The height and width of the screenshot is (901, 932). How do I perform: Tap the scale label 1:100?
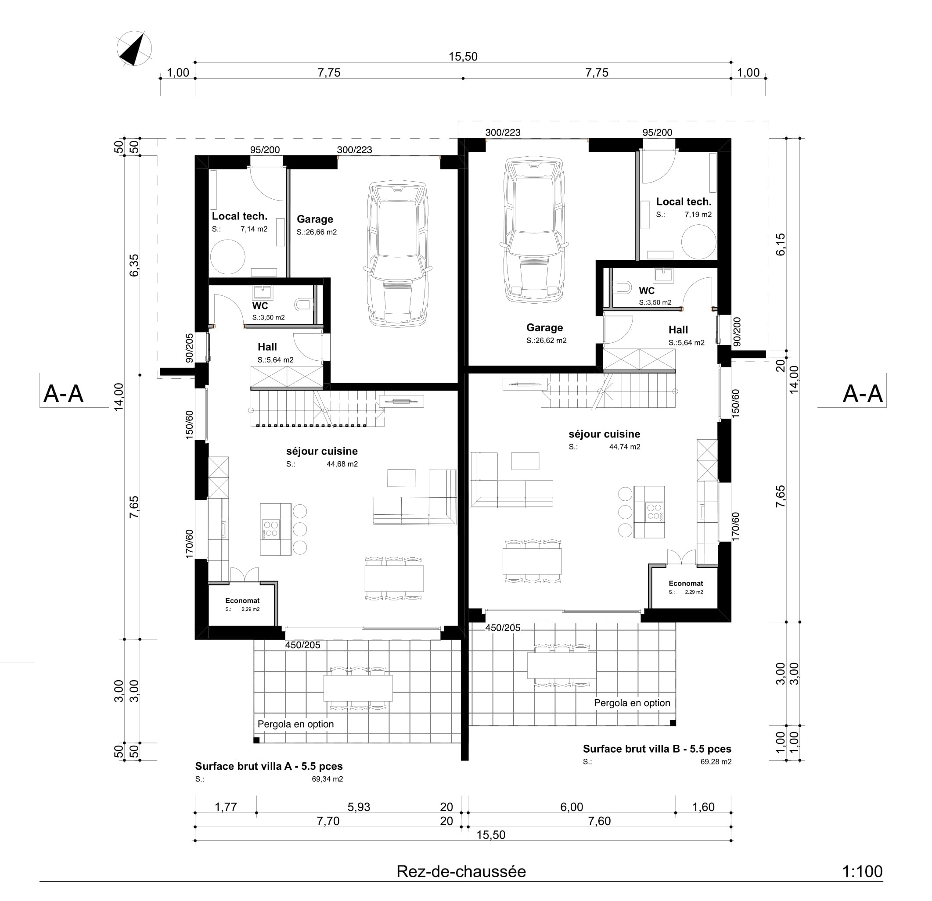click(862, 872)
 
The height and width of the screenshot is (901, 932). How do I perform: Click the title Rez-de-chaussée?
click(461, 872)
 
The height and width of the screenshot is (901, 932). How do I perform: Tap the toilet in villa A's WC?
click(303, 304)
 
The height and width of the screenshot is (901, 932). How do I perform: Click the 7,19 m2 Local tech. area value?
click(698, 215)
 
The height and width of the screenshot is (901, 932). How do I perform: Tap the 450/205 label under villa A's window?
click(302, 645)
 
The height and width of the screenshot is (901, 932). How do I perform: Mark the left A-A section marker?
click(63, 394)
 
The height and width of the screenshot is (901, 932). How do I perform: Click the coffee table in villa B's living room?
click(525, 461)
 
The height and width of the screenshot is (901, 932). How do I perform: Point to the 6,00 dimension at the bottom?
click(571, 807)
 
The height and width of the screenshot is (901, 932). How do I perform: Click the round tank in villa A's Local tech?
click(228, 257)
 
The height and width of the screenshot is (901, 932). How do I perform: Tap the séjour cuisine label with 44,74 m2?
click(604, 434)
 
